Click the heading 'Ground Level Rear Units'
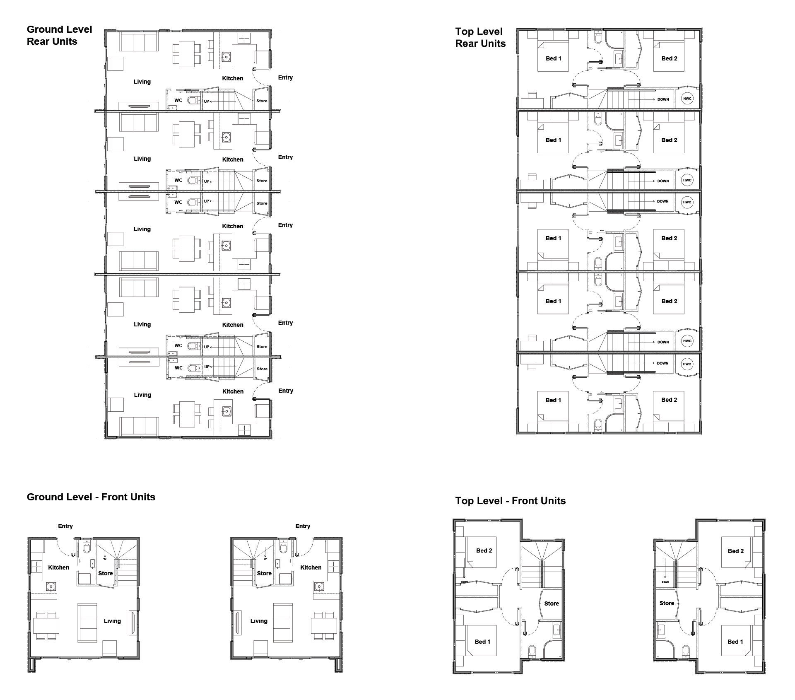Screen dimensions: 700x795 click(59, 35)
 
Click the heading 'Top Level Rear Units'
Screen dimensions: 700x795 click(480, 38)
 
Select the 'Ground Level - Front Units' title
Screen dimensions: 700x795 click(91, 497)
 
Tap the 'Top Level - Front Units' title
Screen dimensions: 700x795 click(510, 501)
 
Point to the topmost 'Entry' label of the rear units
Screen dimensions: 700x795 click(285, 77)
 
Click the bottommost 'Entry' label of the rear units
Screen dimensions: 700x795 click(286, 391)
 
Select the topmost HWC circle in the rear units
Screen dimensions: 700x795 click(687, 99)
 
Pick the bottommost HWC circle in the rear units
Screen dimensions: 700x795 click(687, 364)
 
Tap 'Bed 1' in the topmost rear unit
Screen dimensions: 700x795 click(553, 58)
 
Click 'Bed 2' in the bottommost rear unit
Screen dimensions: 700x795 click(669, 400)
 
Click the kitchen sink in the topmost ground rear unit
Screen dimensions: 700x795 click(226, 56)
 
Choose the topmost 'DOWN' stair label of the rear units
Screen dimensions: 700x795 click(663, 99)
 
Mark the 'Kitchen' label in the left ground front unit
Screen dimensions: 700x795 click(58, 567)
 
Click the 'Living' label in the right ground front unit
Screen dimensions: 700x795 click(259, 621)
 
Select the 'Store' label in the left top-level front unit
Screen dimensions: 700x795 click(552, 603)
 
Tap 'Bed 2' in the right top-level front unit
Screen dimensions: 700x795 click(736, 551)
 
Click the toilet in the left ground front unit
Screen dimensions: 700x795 click(87, 548)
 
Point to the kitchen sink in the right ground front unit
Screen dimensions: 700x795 click(318, 587)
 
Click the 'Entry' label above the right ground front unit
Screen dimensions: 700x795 click(303, 526)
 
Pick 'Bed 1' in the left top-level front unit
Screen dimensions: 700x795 click(482, 642)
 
